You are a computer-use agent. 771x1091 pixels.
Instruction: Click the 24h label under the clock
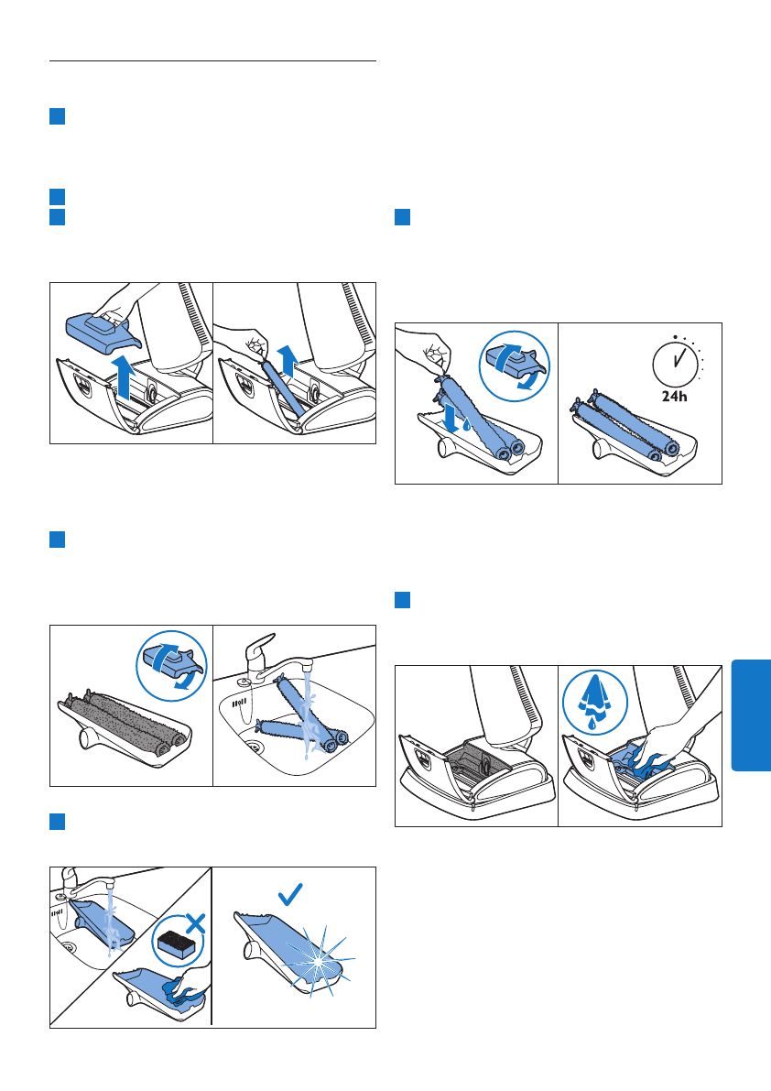click(x=674, y=396)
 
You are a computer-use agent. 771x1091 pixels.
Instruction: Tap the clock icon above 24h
click(x=676, y=360)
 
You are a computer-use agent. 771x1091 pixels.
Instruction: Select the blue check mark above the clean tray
click(x=290, y=894)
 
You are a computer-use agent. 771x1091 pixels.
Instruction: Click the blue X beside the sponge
click(x=195, y=924)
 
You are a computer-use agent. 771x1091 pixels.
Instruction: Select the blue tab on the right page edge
click(x=751, y=715)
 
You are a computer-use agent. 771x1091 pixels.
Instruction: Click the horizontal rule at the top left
click(x=212, y=61)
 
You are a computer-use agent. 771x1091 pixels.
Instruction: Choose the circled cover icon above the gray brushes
click(x=172, y=667)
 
